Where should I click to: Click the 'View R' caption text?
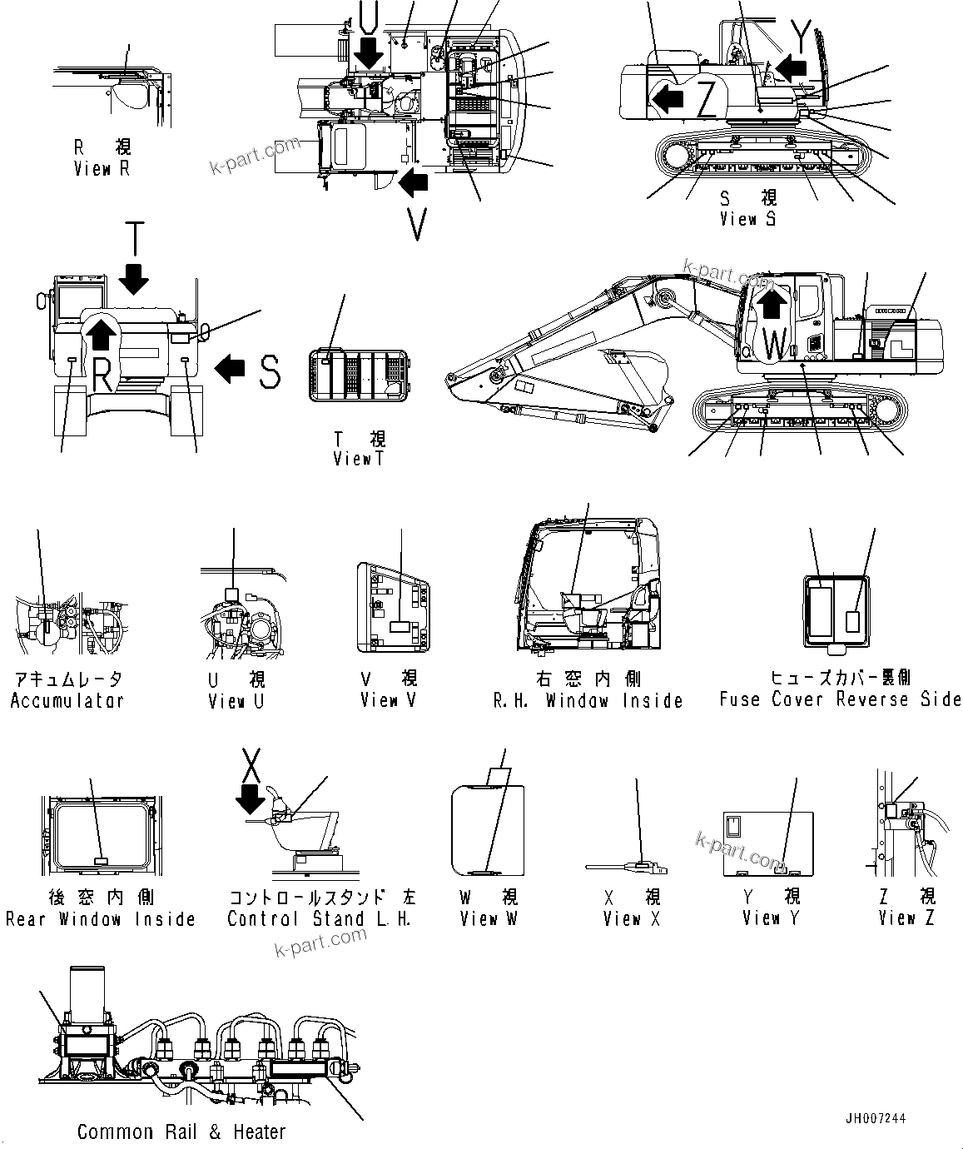102,169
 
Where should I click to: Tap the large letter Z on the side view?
707,99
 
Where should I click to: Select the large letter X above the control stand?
251,762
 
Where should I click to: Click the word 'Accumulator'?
67,700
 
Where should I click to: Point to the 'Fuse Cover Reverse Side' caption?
840,699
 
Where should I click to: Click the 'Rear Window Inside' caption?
101,919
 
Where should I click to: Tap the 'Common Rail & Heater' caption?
181,1132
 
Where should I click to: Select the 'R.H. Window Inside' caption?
588,700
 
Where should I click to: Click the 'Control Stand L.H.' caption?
320,919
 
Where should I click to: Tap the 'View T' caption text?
359,458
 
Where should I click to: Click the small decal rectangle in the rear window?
101,862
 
